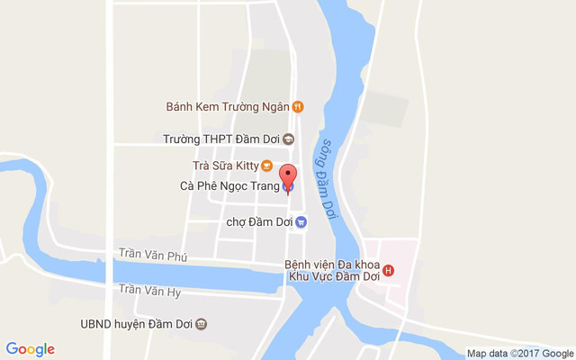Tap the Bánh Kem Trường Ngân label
[228, 106]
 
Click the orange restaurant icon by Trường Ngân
[299, 106]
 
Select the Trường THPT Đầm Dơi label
[221, 139]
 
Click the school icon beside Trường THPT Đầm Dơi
[289, 139]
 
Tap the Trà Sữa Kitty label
[226, 166]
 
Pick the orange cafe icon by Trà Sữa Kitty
[266, 166]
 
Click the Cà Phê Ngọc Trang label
[229, 187]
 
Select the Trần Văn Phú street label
[152, 256]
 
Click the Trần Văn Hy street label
[150, 290]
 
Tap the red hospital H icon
[388, 270]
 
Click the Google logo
[30, 349]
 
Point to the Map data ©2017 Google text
[519, 353]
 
